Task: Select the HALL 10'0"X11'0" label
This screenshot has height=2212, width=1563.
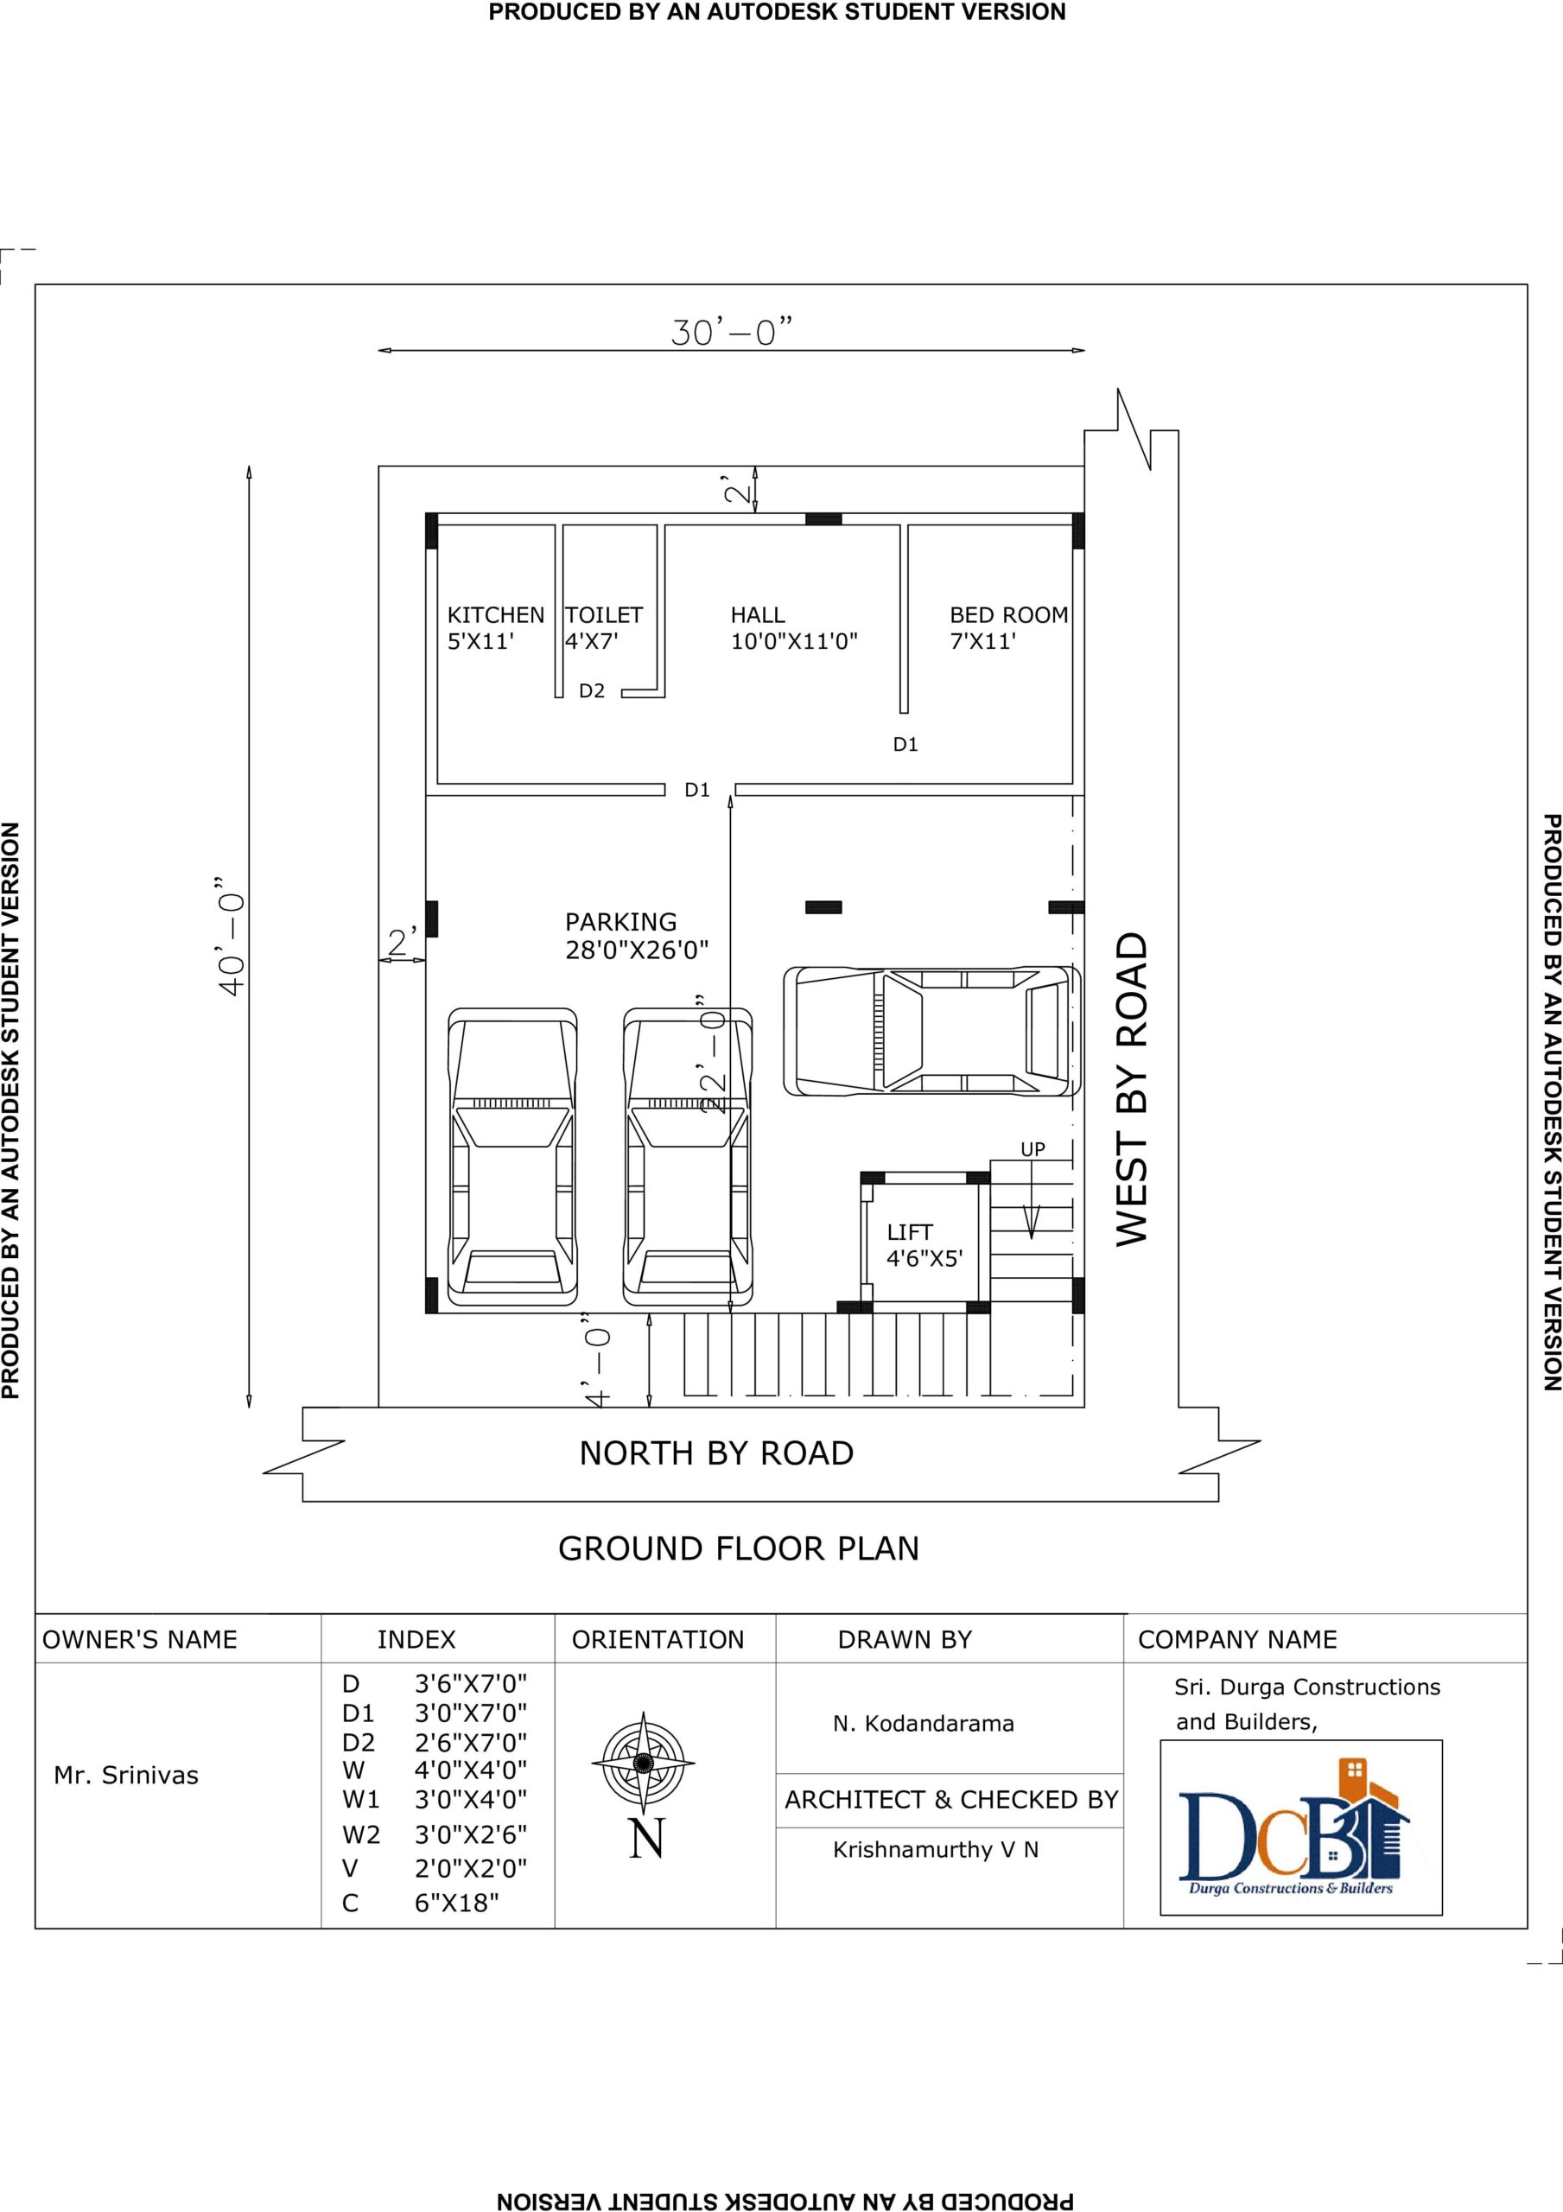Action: click(794, 627)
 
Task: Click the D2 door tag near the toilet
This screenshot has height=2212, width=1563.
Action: click(592, 690)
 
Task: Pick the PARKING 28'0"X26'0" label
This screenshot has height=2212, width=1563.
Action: click(637, 936)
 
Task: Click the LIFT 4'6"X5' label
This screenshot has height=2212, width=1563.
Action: click(925, 1245)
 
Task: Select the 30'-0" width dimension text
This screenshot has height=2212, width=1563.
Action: click(732, 332)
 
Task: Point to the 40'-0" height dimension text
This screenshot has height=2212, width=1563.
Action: click(232, 937)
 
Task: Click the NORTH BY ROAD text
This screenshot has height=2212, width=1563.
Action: click(716, 1452)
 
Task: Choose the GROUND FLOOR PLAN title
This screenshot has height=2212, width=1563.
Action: click(738, 1548)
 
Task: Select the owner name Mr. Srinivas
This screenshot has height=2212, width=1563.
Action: click(126, 1775)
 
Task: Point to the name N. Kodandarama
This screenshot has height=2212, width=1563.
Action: click(923, 1724)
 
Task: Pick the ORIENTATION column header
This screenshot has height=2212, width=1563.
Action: click(658, 1640)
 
